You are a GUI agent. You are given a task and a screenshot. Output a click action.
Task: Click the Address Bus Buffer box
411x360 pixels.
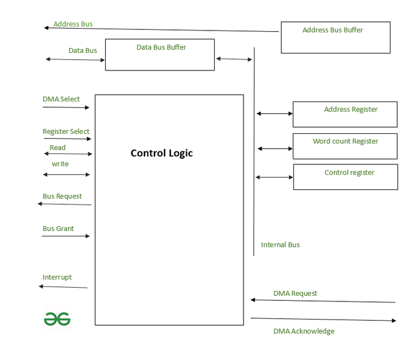pyautogui.click(x=335, y=37)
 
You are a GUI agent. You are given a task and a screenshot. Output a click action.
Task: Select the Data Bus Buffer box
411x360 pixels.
pyautogui.click(x=159, y=55)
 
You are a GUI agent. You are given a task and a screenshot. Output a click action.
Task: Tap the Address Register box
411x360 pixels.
pyautogui.click(x=345, y=115)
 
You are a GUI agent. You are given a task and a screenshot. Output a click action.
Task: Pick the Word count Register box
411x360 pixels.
pyautogui.click(x=345, y=146)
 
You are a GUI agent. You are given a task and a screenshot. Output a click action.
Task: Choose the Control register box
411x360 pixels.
pyautogui.click(x=345, y=177)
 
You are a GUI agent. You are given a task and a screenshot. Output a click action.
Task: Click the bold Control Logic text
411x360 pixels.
pyautogui.click(x=162, y=153)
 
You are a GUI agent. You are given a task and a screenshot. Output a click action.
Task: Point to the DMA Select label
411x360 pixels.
pyautogui.click(x=61, y=99)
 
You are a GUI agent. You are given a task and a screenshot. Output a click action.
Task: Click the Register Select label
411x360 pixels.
pyautogui.click(x=66, y=131)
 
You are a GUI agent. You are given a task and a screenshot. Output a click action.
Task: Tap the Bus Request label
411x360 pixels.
pyautogui.click(x=62, y=196)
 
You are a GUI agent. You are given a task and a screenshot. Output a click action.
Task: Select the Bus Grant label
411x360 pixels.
pyautogui.click(x=58, y=229)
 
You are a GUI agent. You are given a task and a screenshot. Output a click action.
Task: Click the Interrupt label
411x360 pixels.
pyautogui.click(x=57, y=277)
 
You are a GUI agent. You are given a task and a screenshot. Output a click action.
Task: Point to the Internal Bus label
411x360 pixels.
pyautogui.click(x=280, y=245)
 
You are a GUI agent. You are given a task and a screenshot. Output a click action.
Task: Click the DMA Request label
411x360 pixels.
pyautogui.click(x=295, y=293)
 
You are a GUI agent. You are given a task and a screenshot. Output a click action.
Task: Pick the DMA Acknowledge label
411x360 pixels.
pyautogui.click(x=304, y=331)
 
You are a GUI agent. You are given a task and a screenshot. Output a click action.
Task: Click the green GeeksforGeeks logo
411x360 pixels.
pyautogui.click(x=57, y=319)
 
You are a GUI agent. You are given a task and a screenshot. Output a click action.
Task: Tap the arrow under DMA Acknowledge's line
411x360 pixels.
pyautogui.click(x=323, y=320)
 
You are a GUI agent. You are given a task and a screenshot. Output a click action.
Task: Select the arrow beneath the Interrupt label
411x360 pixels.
pyautogui.click(x=63, y=287)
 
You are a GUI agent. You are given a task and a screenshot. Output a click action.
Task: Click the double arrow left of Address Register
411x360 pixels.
pyautogui.click(x=275, y=113)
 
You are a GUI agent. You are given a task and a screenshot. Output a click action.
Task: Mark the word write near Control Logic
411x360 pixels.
pyautogui.click(x=60, y=164)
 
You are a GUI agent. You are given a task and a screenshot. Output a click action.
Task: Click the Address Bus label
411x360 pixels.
pyautogui.click(x=73, y=24)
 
